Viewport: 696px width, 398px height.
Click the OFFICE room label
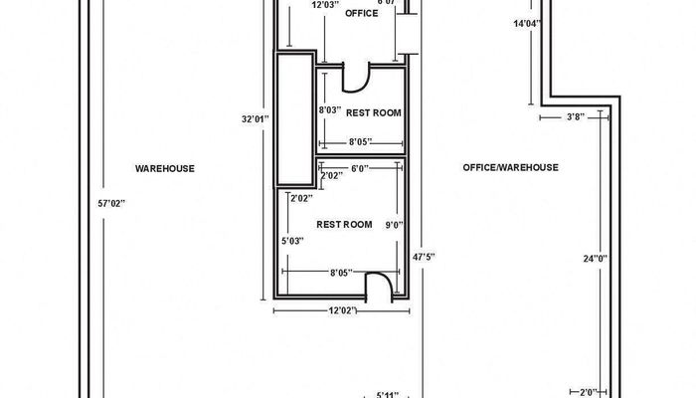(361, 14)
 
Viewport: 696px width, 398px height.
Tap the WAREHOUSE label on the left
(164, 168)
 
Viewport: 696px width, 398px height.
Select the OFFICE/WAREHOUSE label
(510, 168)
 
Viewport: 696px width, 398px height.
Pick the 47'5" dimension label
(424, 257)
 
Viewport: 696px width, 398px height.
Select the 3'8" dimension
(576, 117)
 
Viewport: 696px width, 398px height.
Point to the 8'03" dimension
(330, 109)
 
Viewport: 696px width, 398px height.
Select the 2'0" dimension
(589, 392)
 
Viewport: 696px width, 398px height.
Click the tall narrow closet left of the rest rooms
(292, 119)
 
